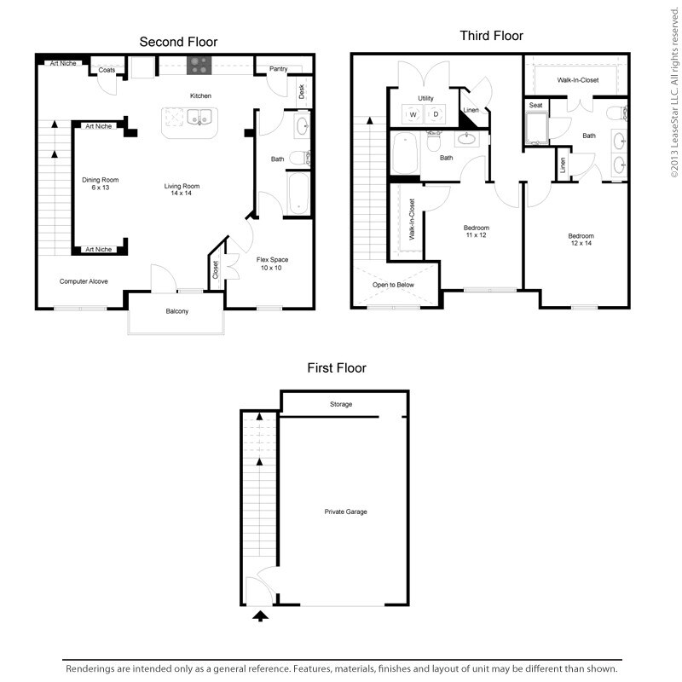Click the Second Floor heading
pos(179,41)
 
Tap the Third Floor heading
pos(491,36)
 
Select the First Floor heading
pos(337,368)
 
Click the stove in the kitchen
pos(200,65)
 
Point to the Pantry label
pos(277,69)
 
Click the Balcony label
pos(176,311)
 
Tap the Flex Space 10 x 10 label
pos(270,263)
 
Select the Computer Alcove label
pos(84,280)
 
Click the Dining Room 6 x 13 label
pos(100,183)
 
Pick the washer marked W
pos(413,114)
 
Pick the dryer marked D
pos(436,114)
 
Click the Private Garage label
pos(344,511)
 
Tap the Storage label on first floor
pos(341,404)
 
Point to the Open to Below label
pos(393,286)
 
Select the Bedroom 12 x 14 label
pos(581,240)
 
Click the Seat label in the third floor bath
pos(535,105)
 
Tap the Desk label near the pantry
pos(302,92)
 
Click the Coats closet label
pos(107,70)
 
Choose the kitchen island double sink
pos(199,118)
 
